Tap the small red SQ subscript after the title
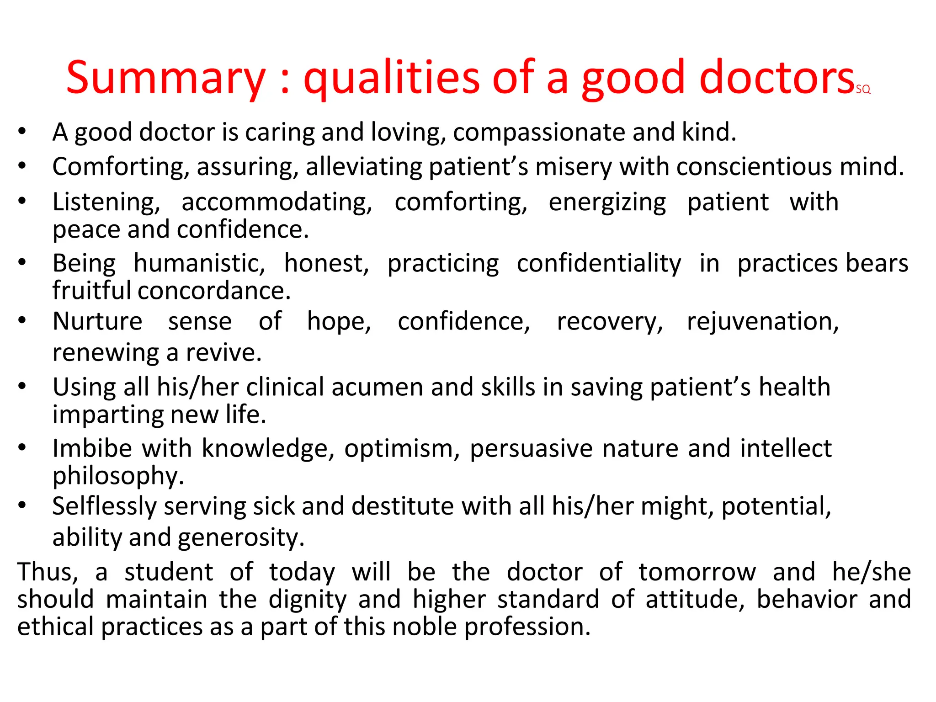(863, 90)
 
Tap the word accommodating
(277, 202)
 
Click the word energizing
(607, 202)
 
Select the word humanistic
(199, 264)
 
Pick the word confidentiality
(599, 264)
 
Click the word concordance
(214, 291)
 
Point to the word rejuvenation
(762, 322)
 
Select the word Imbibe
(92, 448)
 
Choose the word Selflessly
(104, 507)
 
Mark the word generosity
(240, 537)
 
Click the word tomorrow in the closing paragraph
(697, 572)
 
